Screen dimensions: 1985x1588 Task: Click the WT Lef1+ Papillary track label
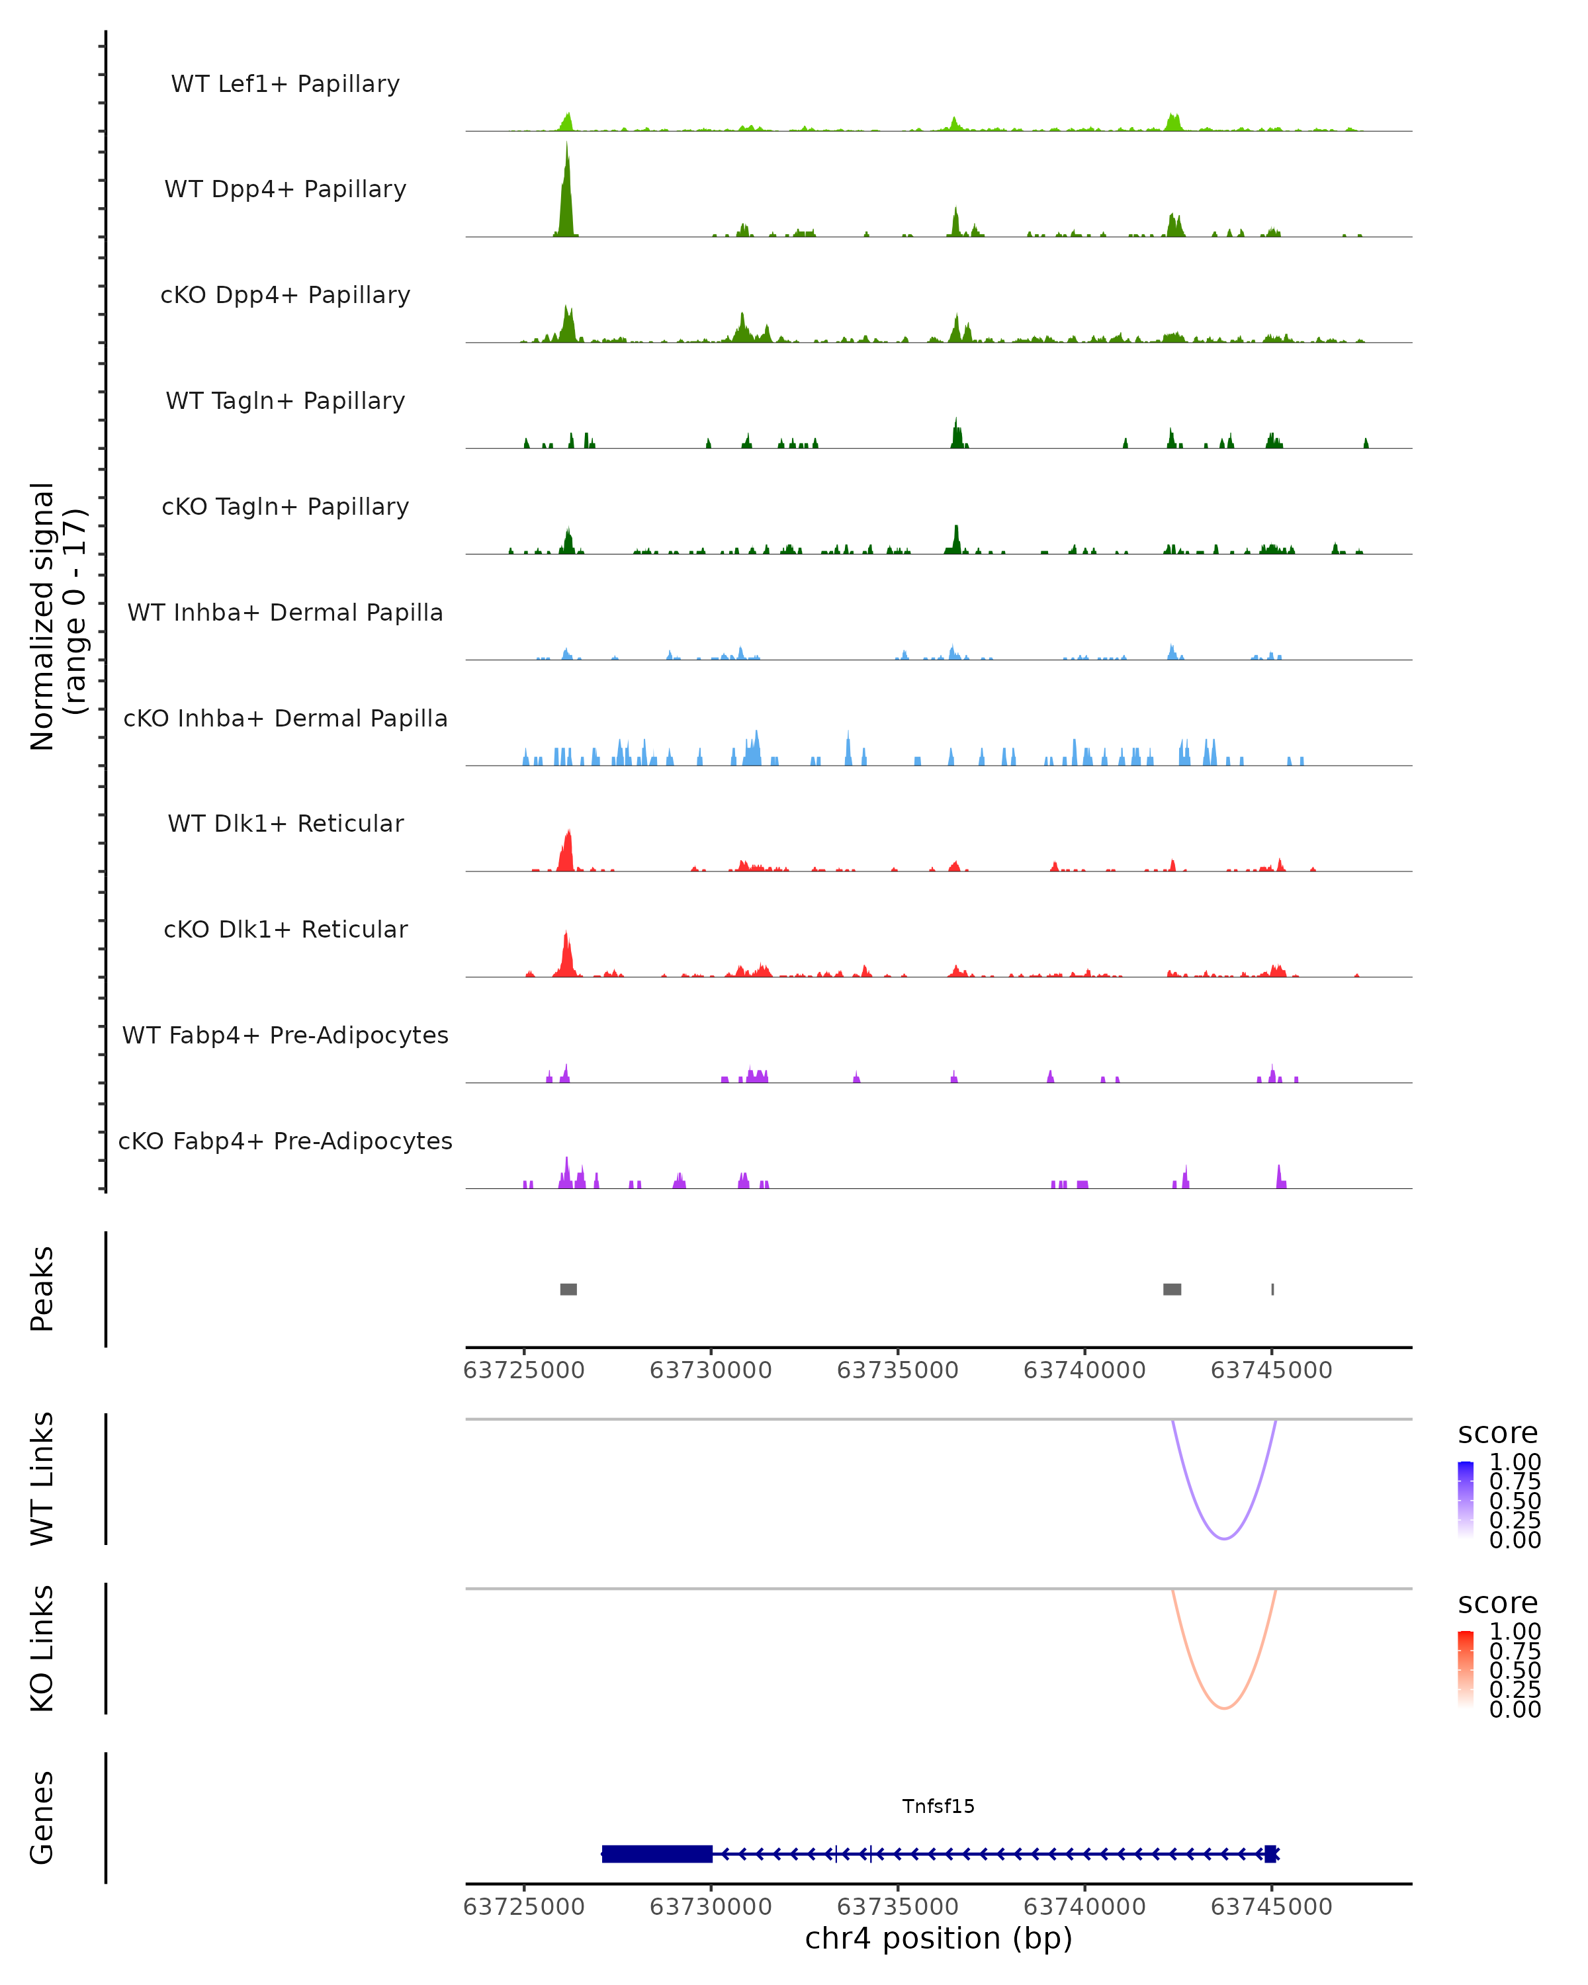pos(285,84)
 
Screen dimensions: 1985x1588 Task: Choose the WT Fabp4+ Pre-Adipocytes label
pos(285,1035)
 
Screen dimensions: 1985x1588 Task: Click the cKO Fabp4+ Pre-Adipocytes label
pos(285,1141)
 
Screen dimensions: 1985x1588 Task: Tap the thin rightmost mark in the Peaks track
pos(1272,1289)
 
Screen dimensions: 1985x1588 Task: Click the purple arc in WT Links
pos(1223,1538)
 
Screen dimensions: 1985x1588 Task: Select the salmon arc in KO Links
pos(1223,1708)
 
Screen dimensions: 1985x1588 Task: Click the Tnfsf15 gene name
pos(938,1806)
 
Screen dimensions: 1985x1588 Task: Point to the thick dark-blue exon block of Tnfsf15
pos(656,1853)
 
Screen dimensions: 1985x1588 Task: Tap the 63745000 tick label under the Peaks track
pos(1271,1370)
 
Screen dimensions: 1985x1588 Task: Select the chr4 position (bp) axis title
pos(938,1938)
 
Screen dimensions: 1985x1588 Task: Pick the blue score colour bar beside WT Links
pos(1466,1500)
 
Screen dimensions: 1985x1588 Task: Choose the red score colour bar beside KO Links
pos(1466,1669)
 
